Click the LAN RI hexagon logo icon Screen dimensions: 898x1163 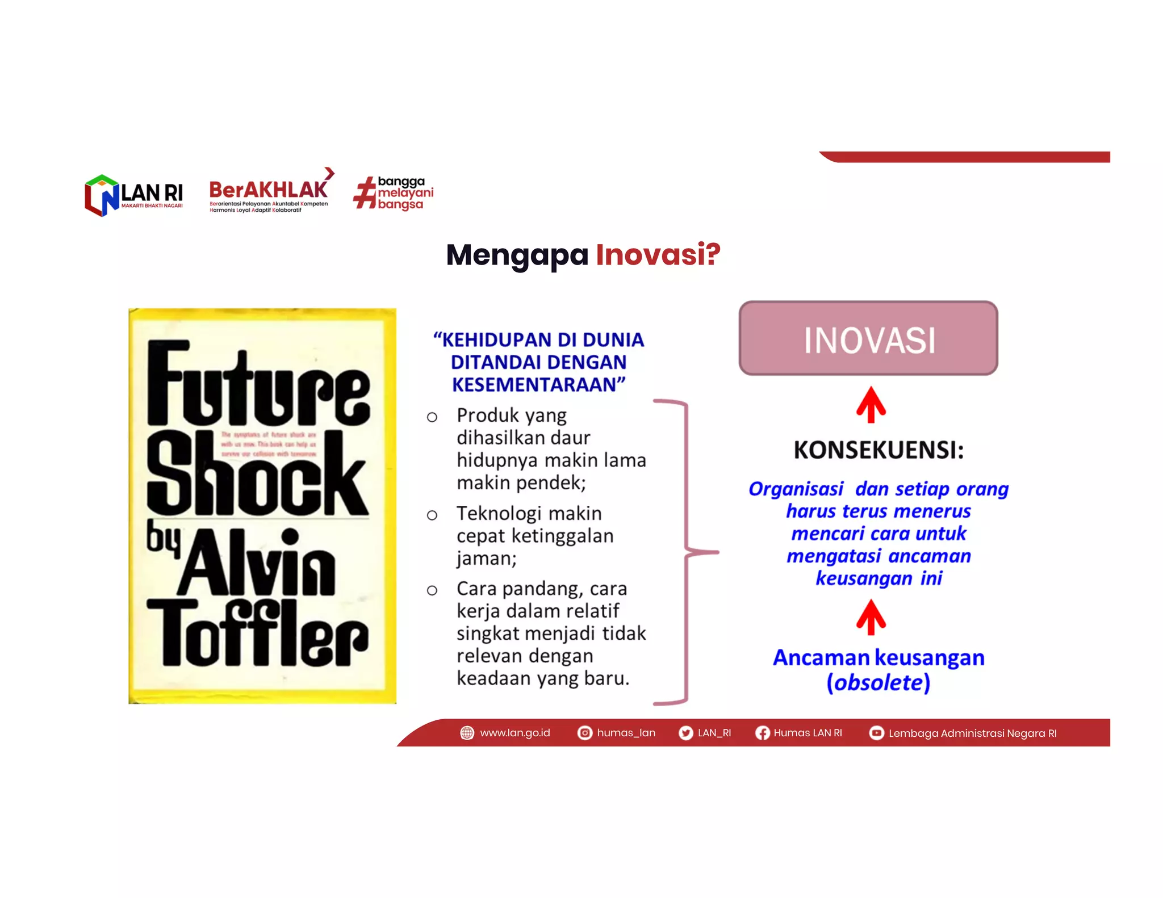[x=102, y=195]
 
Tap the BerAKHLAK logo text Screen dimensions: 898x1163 [x=268, y=190]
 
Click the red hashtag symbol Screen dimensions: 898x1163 [x=365, y=192]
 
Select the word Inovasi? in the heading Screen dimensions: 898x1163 [x=658, y=254]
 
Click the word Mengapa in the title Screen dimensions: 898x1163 [x=517, y=255]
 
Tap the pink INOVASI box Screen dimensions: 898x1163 [x=868, y=338]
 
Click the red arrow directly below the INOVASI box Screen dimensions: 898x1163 [x=871, y=405]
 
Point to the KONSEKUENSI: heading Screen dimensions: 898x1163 [x=878, y=450]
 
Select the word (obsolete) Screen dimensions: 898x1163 [x=878, y=682]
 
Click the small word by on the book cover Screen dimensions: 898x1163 [x=163, y=537]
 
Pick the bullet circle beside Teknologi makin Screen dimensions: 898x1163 [x=432, y=515]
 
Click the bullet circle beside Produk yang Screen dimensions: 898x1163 [x=432, y=417]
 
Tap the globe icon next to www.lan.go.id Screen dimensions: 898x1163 [x=467, y=733]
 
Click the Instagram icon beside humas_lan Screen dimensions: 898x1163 [x=584, y=733]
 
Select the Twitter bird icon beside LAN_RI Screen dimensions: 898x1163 [x=686, y=733]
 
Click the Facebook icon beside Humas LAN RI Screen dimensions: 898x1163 [x=762, y=733]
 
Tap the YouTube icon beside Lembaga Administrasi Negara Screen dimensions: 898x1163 [x=876, y=733]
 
